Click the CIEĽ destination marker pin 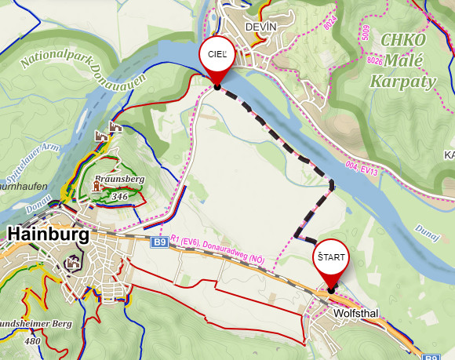click(217, 57)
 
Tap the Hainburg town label click(48, 233)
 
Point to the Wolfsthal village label click(355, 314)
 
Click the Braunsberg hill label click(119, 180)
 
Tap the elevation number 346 click(119, 196)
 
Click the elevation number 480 click(32, 340)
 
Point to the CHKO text click(403, 40)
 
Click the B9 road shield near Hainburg click(159, 243)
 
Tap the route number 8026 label click(374, 60)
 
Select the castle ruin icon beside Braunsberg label click(100, 186)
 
